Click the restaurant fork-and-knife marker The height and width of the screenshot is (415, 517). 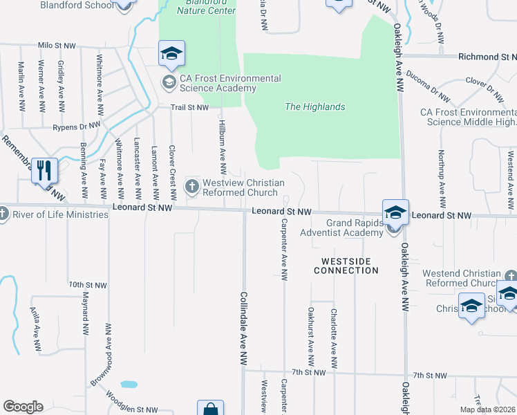[45, 169]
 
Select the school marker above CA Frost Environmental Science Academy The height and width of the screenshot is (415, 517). [171, 53]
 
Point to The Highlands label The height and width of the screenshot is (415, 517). [314, 107]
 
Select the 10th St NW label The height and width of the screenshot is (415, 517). [87, 285]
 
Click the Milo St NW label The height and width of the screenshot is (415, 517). [56, 44]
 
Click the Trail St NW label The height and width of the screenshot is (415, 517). [190, 107]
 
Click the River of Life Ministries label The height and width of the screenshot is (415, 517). [59, 214]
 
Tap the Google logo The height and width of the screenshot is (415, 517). [23, 407]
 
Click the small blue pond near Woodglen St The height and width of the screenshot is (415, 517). [128, 384]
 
